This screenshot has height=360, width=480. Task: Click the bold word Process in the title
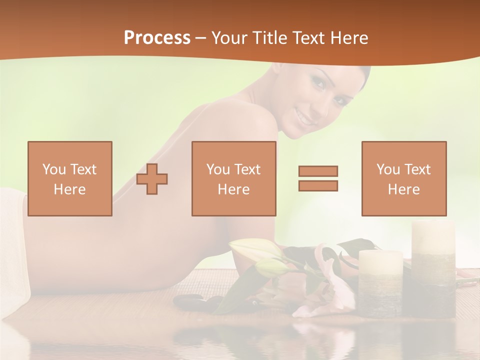[157, 37]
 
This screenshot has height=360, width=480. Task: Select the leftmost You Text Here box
[70, 178]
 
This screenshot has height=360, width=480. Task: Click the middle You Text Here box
[234, 178]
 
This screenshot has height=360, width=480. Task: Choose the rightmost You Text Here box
[404, 178]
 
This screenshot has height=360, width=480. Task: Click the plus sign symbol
[152, 178]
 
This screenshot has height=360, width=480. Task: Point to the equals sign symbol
[318, 178]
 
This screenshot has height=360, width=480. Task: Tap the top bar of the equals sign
[318, 171]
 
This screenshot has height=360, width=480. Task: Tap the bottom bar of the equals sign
[318, 185]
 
